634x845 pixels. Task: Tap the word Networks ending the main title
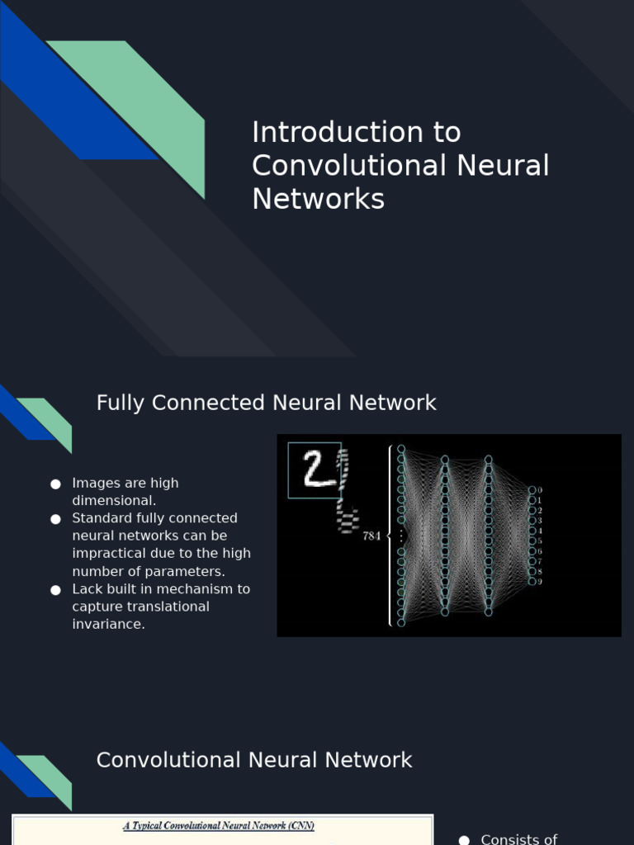[x=318, y=199]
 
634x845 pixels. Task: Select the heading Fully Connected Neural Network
[x=266, y=403]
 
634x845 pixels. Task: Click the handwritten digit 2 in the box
[x=314, y=469]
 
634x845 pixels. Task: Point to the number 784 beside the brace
[x=371, y=536]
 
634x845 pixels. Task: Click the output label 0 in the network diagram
[x=540, y=490]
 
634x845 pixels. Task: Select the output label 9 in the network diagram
[x=540, y=582]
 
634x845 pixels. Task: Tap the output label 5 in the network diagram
[x=540, y=541]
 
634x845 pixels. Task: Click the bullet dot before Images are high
[x=55, y=484]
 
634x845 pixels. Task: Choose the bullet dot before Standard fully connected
[x=55, y=519]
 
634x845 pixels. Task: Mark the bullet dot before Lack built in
[x=55, y=590]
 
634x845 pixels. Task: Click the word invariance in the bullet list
[x=108, y=625]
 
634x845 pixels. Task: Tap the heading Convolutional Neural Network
[x=254, y=760]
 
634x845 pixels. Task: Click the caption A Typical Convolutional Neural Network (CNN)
[x=219, y=825]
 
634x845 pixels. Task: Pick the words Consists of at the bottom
[x=518, y=839]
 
